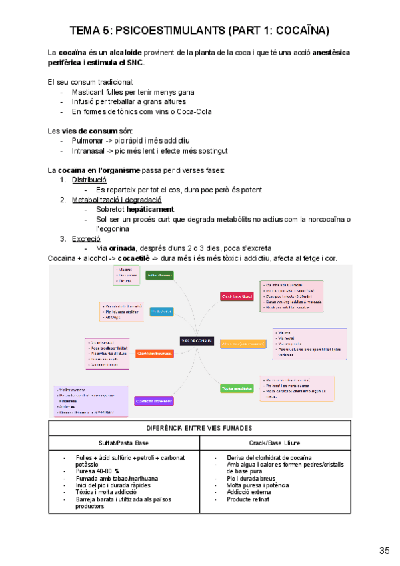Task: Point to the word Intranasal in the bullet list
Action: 91,151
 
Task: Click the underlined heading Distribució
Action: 89,180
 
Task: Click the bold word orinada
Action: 127,248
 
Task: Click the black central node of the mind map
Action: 196,341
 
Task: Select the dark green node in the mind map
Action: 159,275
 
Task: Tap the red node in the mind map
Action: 237,296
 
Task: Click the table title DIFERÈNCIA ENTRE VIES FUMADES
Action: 199,428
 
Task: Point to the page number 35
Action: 384,551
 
